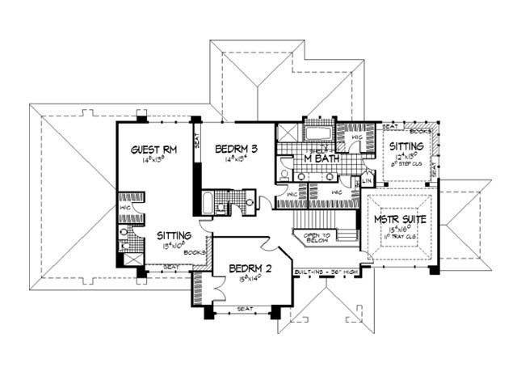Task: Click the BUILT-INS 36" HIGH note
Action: click(x=330, y=271)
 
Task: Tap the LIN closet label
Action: click(x=366, y=181)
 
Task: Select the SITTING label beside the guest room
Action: click(x=172, y=234)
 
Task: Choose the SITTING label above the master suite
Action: click(x=406, y=146)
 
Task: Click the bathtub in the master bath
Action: click(x=318, y=133)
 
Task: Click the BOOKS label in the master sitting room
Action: click(x=419, y=130)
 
